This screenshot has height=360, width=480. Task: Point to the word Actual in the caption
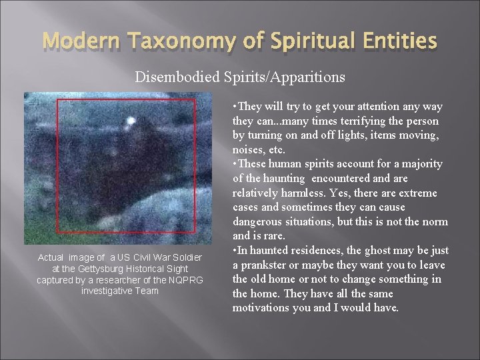tap(51, 257)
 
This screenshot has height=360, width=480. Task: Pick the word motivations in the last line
tap(264, 308)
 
